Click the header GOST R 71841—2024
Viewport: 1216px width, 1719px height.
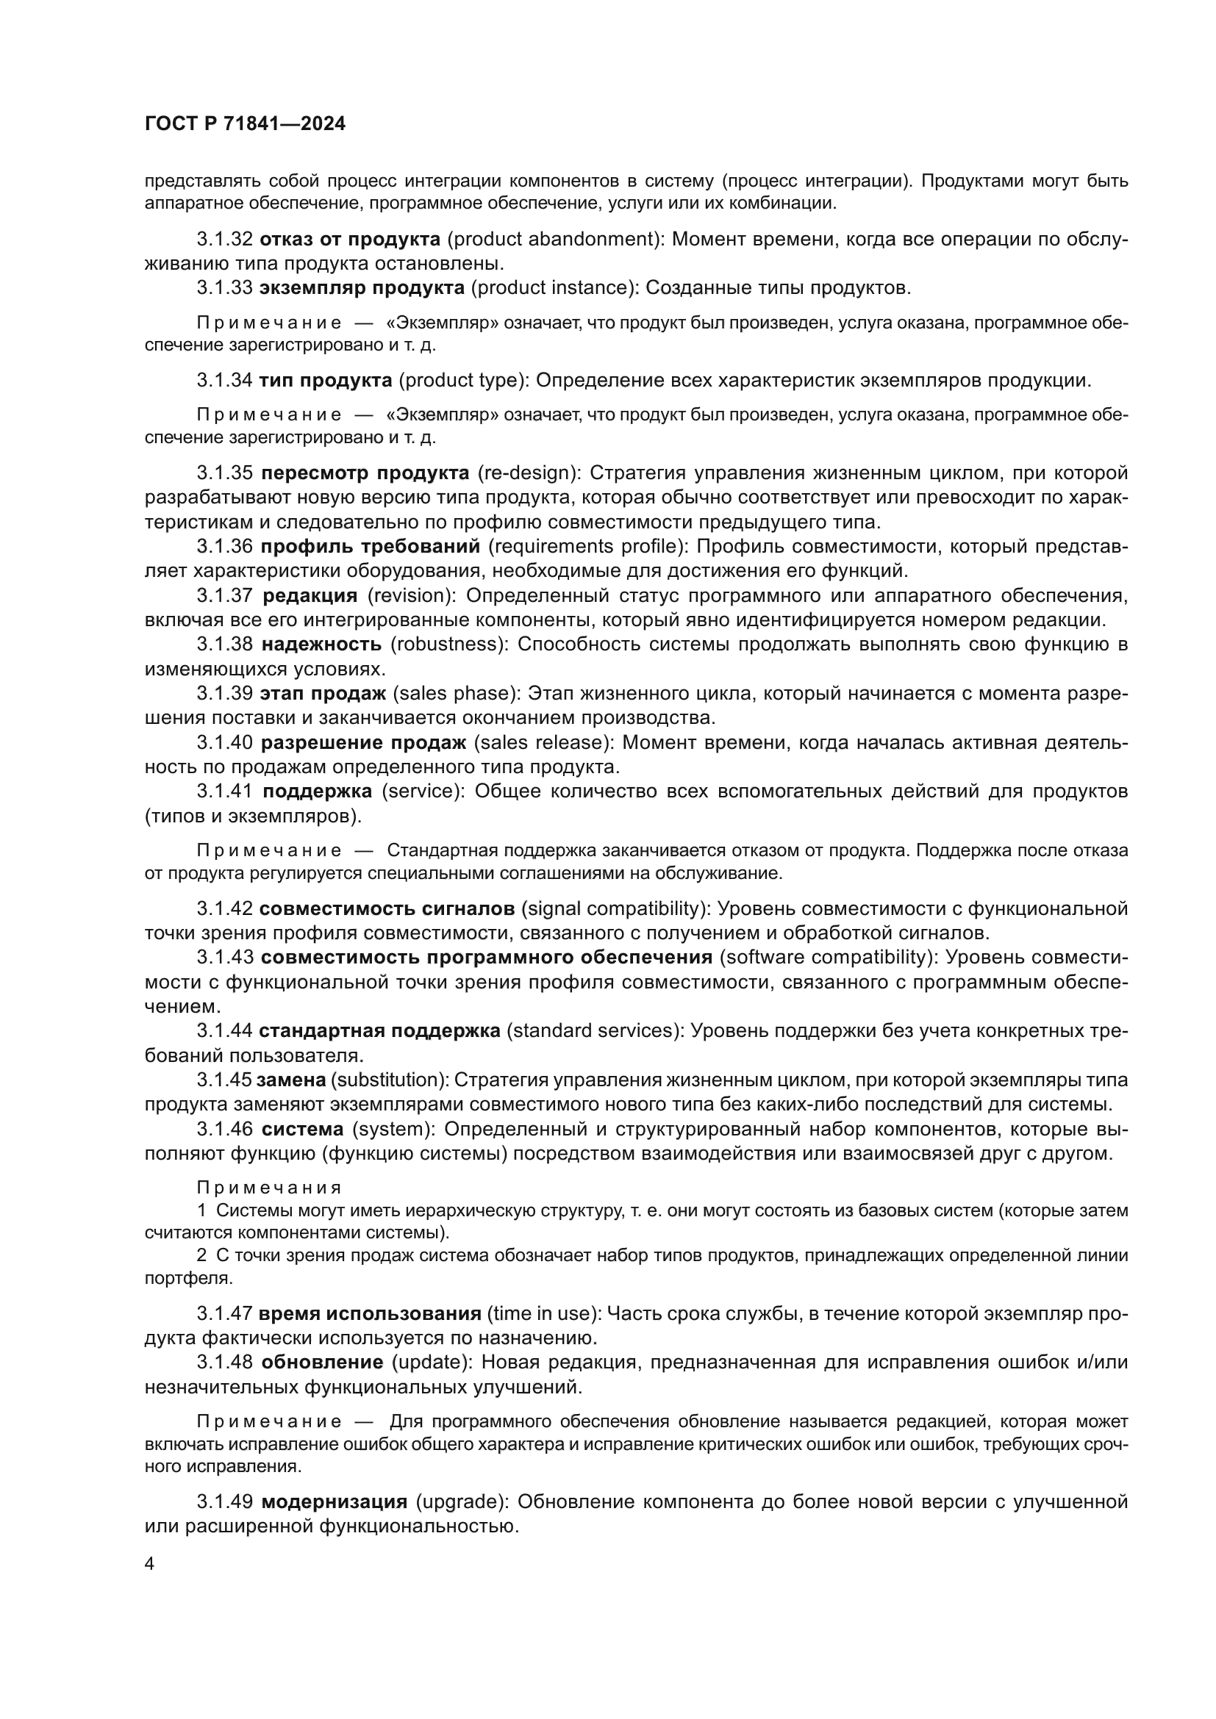pyautogui.click(x=245, y=124)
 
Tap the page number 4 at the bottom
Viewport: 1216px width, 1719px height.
pyautogui.click(x=150, y=1564)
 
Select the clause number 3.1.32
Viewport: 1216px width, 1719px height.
pyautogui.click(x=225, y=240)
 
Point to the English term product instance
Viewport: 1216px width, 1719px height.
pyautogui.click(x=554, y=288)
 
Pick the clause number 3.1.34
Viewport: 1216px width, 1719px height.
pyautogui.click(x=225, y=381)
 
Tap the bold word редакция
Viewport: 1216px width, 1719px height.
pyautogui.click(x=310, y=596)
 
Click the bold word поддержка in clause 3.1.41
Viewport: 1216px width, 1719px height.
pyautogui.click(x=318, y=792)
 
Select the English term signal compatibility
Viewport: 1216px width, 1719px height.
pyautogui.click(x=616, y=909)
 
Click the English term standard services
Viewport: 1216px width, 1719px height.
pyautogui.click(x=595, y=1031)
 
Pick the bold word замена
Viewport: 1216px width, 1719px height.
pyautogui.click(x=291, y=1080)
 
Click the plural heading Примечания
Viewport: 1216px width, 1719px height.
pyautogui.click(x=270, y=1188)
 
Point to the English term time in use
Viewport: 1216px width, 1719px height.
pyautogui.click(x=543, y=1314)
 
